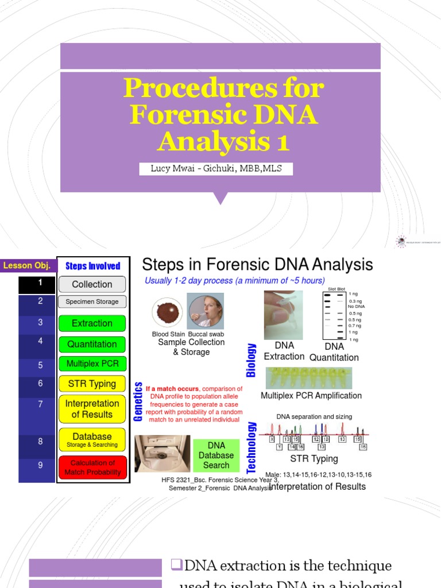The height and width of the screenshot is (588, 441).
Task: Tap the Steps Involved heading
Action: [93, 266]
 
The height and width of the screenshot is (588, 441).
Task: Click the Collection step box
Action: [92, 284]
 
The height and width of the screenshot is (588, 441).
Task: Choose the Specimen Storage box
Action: [92, 301]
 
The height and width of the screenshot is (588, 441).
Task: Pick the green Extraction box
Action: [92, 323]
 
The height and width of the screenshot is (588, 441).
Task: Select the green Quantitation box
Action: [92, 344]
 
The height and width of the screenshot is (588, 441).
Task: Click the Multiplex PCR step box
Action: [92, 364]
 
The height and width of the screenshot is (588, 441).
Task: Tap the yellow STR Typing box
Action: [92, 384]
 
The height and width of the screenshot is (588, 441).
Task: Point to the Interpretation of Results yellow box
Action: [92, 409]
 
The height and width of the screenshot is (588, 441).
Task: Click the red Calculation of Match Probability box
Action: [92, 467]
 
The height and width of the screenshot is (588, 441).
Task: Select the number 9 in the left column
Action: [40, 465]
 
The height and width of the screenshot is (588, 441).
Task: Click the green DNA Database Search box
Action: [216, 455]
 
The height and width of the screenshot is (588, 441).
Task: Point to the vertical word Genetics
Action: [138, 401]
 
